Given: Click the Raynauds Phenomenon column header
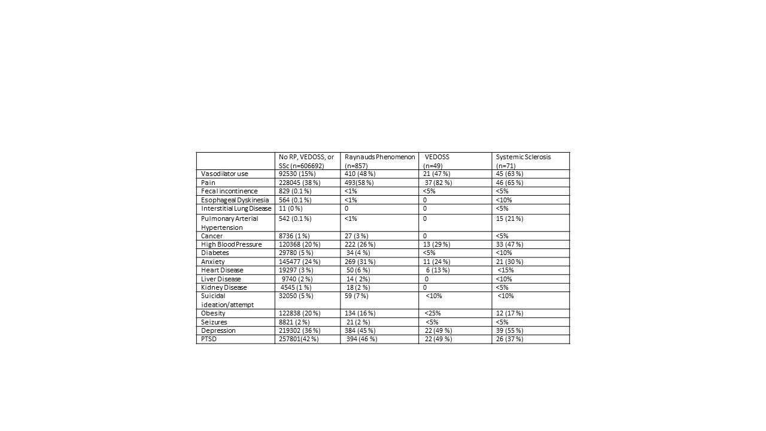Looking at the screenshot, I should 379,160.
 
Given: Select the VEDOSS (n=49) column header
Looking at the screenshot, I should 437,160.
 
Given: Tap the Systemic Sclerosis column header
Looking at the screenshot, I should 523,160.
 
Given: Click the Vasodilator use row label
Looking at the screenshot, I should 224,174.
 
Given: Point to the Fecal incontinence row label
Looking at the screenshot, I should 229,191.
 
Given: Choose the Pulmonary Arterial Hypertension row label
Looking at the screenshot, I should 229,223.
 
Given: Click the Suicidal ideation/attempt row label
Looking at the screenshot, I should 227,300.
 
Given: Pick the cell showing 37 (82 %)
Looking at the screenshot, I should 438,183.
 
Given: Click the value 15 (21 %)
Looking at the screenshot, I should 510,218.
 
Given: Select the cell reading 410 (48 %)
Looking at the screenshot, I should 360,174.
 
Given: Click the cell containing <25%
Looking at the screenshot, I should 433,313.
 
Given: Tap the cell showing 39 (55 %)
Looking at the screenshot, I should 510,330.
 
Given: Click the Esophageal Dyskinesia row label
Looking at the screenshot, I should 235,200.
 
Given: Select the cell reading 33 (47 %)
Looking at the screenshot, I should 510,244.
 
